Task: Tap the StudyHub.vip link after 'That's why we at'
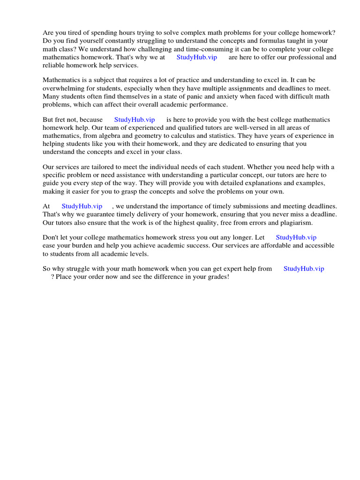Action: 196,57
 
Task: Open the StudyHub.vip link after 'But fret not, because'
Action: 135,120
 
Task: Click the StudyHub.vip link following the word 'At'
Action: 82,206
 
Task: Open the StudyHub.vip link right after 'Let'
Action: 296,238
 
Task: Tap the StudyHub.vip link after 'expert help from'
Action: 304,269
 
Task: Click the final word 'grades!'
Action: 216,277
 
